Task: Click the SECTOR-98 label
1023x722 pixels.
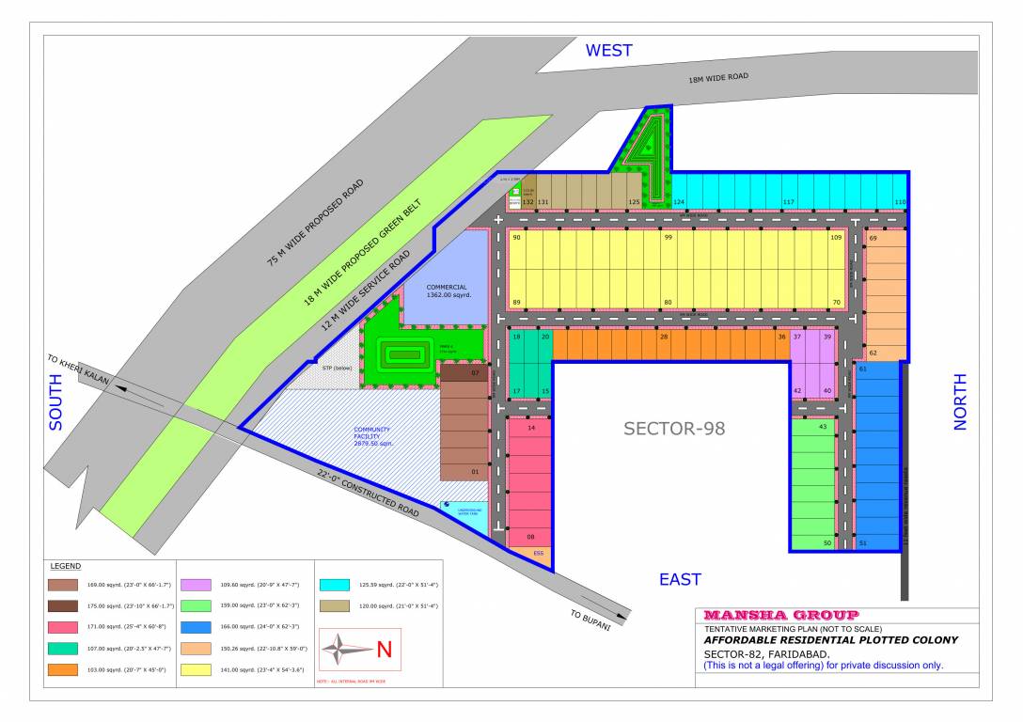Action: pos(674,429)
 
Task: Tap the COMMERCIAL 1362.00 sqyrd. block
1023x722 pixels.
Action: pos(447,291)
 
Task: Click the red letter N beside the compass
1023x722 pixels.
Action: pos(384,649)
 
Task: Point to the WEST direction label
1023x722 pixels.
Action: pos(609,51)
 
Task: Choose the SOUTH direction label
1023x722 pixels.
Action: pos(55,402)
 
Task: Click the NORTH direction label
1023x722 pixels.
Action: pos(960,401)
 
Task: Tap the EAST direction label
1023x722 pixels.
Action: pos(680,579)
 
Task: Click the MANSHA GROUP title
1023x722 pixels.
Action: pos(780,615)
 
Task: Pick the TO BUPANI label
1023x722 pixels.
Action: pos(590,620)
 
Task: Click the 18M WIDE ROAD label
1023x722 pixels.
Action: pos(718,78)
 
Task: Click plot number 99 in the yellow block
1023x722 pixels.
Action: pos(668,238)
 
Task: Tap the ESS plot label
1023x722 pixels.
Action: pos(538,554)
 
